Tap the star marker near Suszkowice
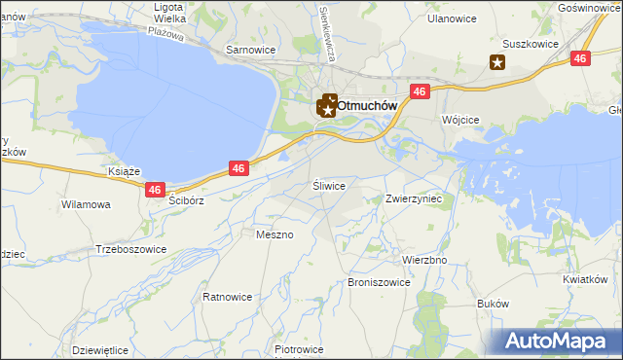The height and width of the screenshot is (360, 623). point(497,64)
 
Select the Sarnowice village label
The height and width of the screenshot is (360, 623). point(251,49)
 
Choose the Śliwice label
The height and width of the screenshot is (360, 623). point(329,184)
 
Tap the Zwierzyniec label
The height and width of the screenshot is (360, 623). point(414,198)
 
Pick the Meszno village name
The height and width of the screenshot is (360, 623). point(273,234)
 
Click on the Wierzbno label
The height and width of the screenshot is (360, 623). point(423,261)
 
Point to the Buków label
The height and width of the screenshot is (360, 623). point(494,304)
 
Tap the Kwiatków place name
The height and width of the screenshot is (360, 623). point(584,279)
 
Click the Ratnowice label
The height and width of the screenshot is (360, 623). point(228,296)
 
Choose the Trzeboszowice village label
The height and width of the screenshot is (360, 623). point(130,249)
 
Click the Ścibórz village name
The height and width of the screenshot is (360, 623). point(185,199)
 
